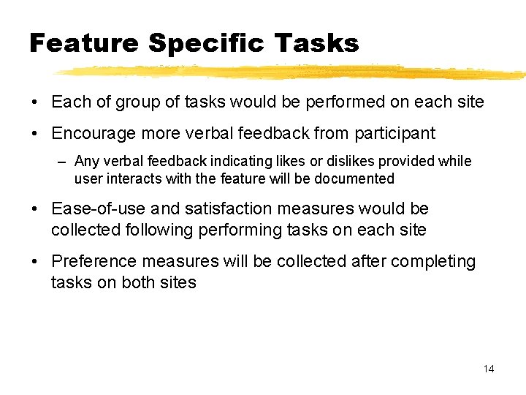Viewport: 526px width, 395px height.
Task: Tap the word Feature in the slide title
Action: [83, 43]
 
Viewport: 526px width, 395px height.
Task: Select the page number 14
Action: [489, 369]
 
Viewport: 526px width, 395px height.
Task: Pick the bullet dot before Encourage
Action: [35, 134]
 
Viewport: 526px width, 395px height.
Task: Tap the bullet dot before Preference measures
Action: [35, 262]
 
